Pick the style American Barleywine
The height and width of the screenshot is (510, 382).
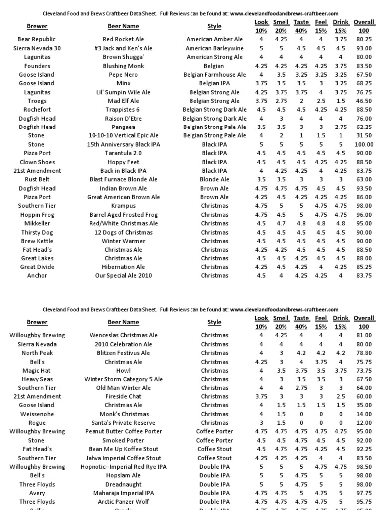pyautogui.click(x=214, y=48)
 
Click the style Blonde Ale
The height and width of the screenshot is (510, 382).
pyautogui.click(x=214, y=180)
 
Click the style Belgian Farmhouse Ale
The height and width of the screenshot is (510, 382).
pyautogui.click(x=214, y=75)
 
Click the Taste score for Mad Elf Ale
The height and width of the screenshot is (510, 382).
pyautogui.click(x=301, y=101)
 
